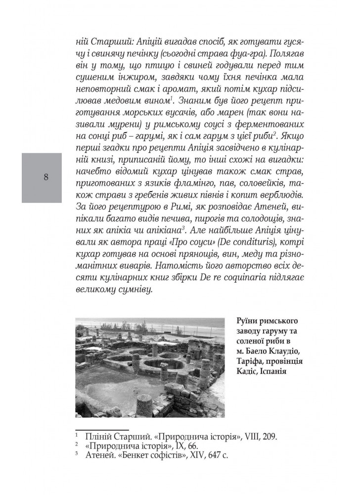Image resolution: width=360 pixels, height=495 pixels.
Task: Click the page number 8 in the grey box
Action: [45, 177]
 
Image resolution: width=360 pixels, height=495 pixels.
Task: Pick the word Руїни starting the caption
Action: [248, 321]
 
